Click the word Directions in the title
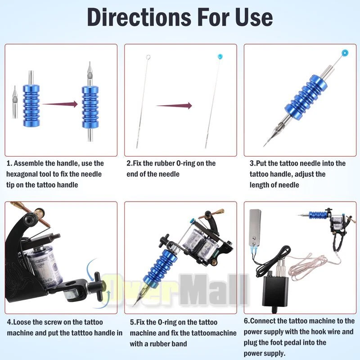(139, 17)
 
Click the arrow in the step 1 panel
(60, 104)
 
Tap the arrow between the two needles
(174, 106)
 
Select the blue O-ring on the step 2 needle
(220, 56)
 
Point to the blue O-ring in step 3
(345, 53)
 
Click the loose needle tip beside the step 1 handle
(15, 102)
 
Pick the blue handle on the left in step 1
(31, 105)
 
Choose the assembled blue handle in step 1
(90, 107)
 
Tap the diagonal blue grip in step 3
(306, 97)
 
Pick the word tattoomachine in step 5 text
(214, 333)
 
